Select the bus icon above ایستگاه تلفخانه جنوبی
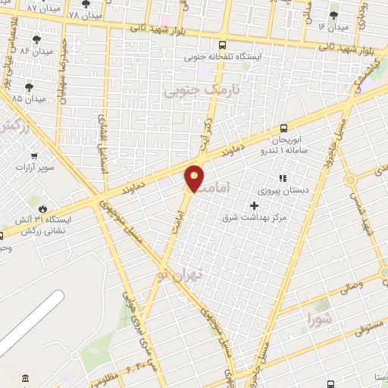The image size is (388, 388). pos(221,44)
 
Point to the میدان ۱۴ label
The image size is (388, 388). pos(333,27)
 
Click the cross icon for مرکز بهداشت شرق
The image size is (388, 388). pos(254,205)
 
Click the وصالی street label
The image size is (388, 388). pos(354,287)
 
